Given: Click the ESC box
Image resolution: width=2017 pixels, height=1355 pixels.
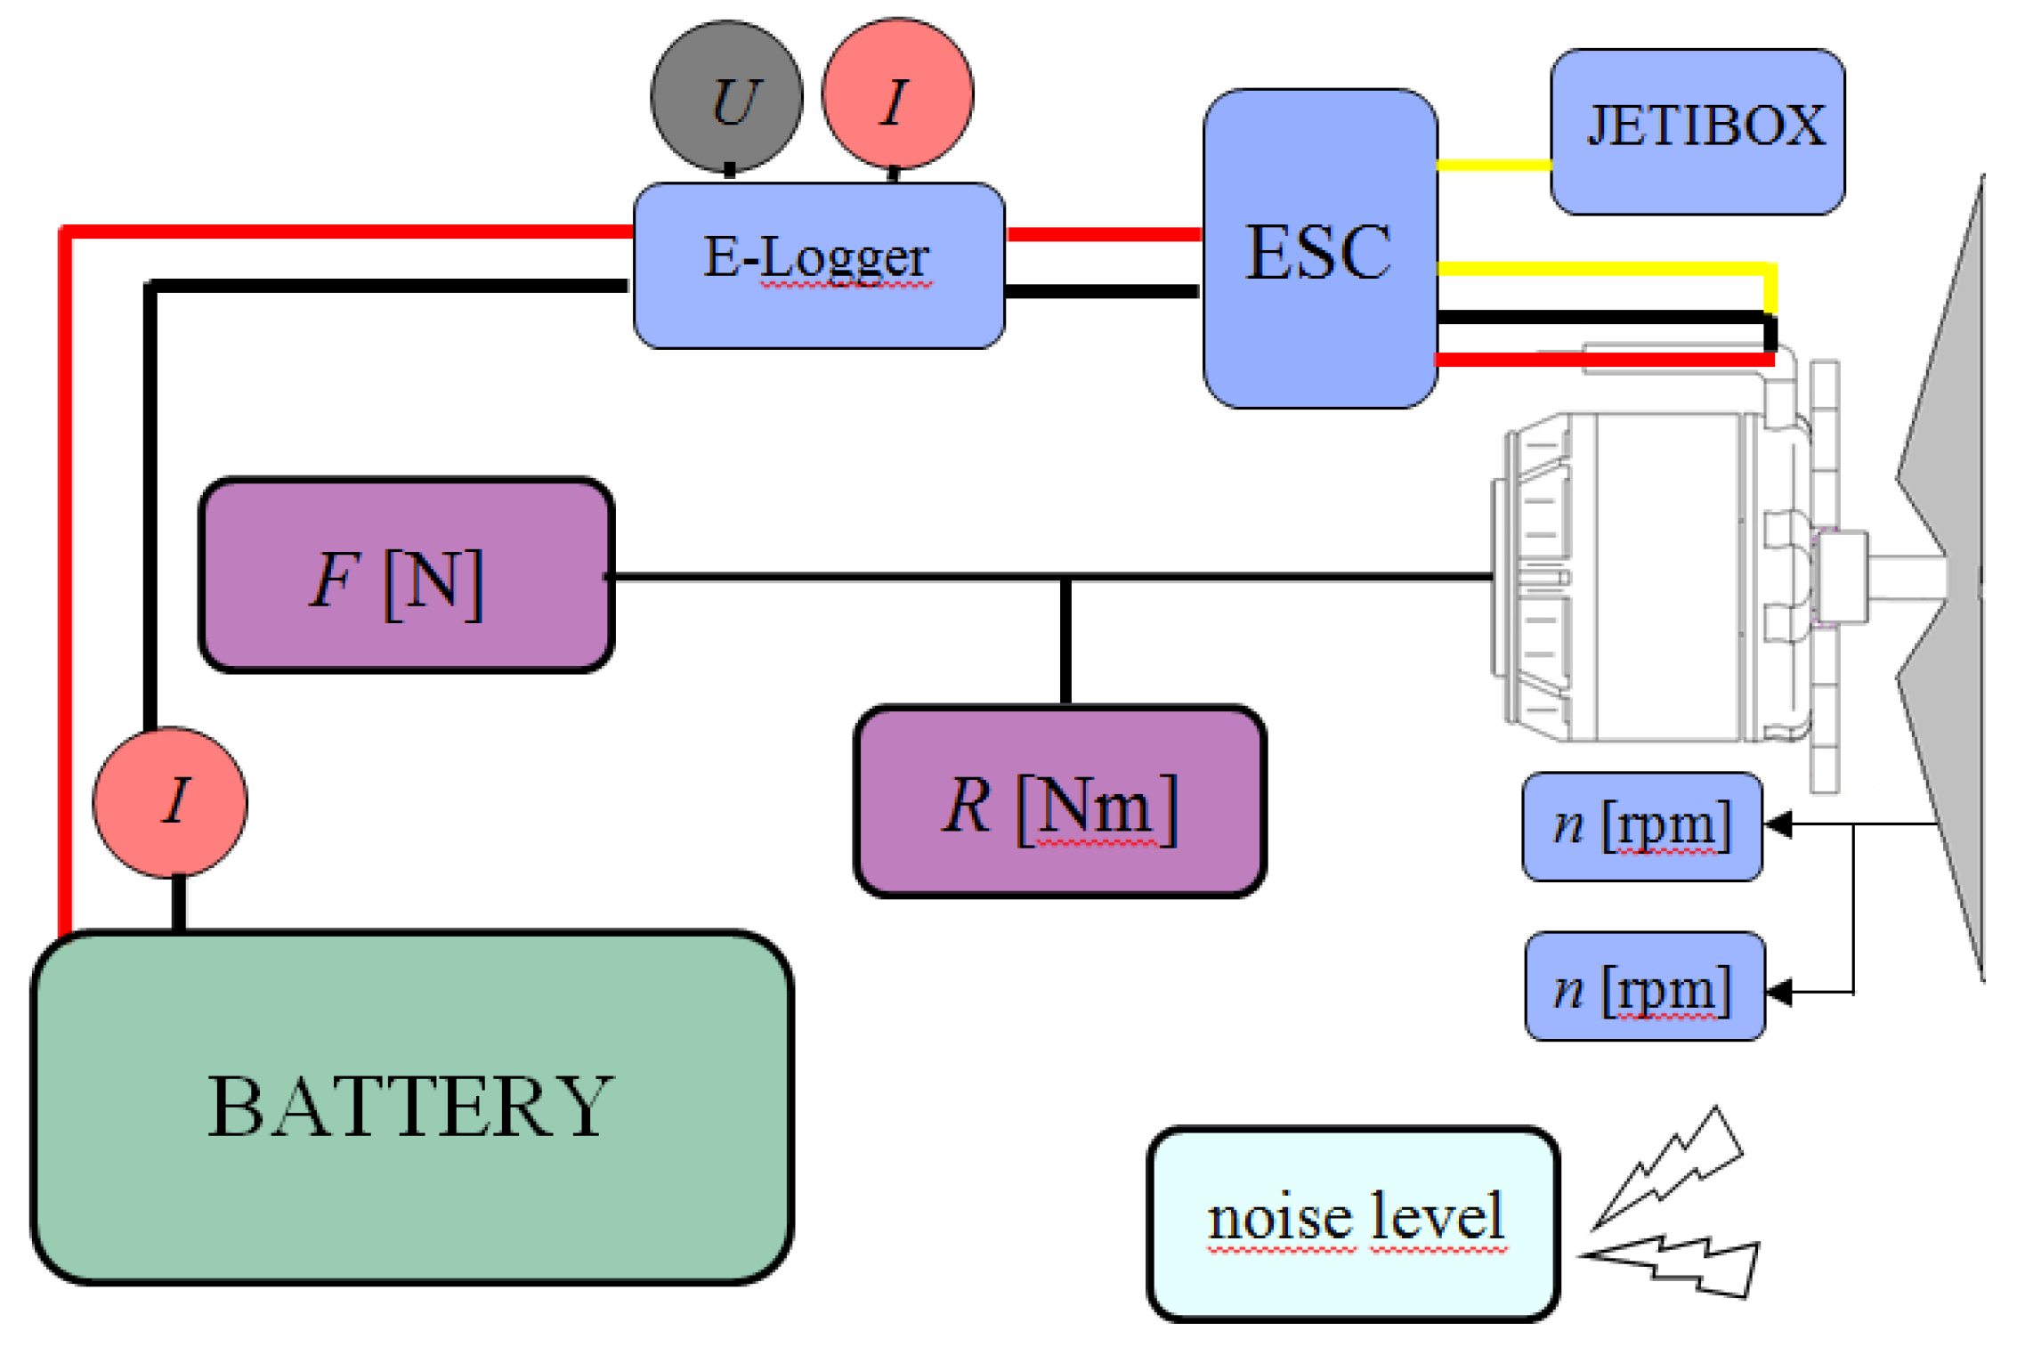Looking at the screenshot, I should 1319,249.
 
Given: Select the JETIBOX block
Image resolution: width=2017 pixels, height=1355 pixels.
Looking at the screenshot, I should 1697,132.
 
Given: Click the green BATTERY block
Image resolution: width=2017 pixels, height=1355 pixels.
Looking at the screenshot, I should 411,1106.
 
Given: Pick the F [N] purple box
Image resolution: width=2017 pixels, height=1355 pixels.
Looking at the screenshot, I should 406,575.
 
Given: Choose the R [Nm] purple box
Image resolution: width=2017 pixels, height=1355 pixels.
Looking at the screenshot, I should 1059,801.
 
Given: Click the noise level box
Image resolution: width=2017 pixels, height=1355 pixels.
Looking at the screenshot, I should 1353,1223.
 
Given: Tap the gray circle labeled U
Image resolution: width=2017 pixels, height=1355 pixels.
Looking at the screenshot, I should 726,96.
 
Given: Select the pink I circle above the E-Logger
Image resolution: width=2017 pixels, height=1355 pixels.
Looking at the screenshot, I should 897,94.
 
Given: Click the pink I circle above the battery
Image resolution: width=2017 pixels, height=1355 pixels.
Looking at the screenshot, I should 170,802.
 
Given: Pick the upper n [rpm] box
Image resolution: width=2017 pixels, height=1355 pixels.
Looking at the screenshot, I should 1641,826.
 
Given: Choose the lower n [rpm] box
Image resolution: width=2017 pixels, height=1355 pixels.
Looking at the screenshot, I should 1644,986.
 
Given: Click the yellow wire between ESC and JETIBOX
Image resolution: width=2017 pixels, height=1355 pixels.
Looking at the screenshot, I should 1494,165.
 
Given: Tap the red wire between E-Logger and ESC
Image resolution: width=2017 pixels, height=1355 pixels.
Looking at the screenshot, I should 1104,234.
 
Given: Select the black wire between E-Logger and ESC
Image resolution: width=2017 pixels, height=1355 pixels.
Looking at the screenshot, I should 1102,291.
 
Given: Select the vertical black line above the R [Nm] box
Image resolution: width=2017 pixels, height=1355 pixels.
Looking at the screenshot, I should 1065,641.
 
